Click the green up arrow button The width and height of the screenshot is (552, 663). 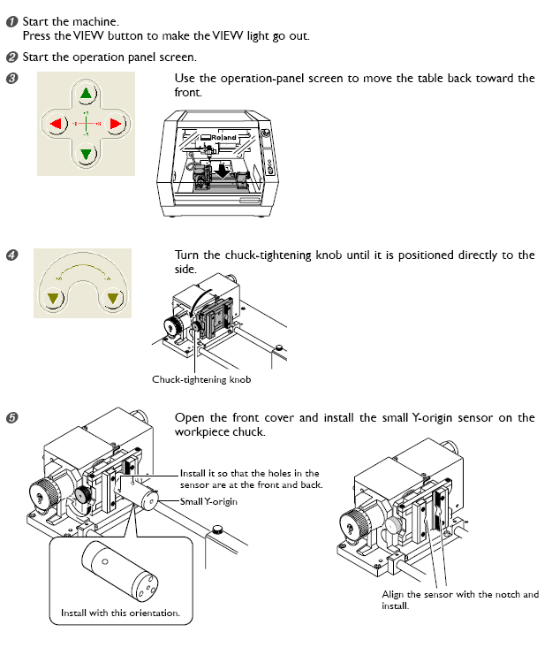[x=86, y=93]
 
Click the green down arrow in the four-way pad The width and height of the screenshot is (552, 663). [x=86, y=154]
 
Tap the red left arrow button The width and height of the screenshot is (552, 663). [x=56, y=124]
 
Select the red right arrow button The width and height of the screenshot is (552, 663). [x=116, y=124]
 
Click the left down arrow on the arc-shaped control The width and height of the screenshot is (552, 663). [x=54, y=298]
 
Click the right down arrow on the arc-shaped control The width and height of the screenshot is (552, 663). [x=111, y=298]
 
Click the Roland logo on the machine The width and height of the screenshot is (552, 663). [x=224, y=137]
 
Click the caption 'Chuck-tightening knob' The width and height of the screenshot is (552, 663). [x=201, y=380]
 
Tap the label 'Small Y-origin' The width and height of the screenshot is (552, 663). [x=209, y=501]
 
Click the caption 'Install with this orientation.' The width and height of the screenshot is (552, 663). [x=120, y=613]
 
